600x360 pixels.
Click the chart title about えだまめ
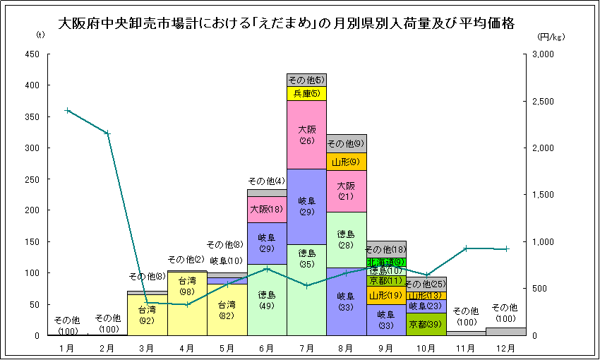285,23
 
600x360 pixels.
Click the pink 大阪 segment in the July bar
306,135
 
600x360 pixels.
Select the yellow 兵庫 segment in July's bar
306,93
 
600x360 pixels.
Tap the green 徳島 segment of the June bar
267,300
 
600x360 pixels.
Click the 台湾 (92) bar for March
147,315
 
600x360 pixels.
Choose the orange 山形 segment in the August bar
346,162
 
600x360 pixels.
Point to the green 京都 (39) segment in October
426,324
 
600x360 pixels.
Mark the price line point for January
67,110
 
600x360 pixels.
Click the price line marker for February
107,133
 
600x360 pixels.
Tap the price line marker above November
466,248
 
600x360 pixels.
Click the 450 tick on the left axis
32,54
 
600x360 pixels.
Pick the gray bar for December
505,332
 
